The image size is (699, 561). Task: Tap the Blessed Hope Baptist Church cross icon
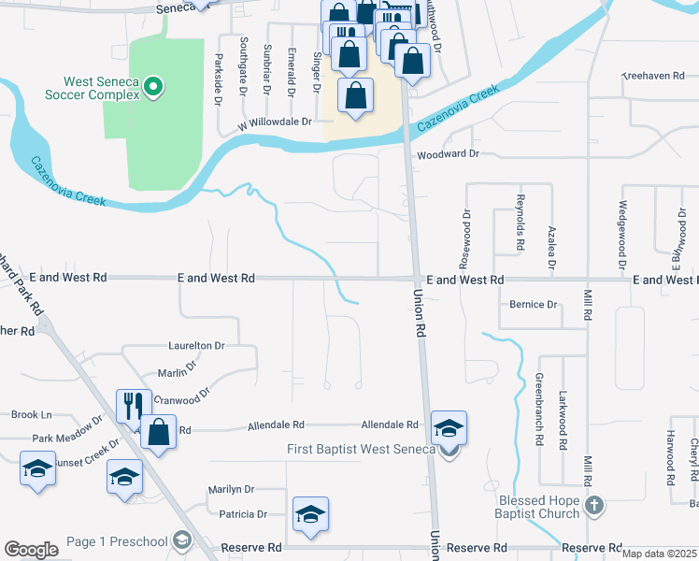tap(593, 508)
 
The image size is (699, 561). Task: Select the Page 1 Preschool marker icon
tap(182, 539)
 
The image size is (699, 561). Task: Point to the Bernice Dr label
tap(534, 305)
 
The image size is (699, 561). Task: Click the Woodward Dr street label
tap(448, 153)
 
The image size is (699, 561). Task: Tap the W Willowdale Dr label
tap(273, 122)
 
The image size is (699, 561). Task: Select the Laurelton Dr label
tap(196, 345)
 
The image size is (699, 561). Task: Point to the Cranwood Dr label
tap(181, 399)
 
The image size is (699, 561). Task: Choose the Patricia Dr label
tap(242, 514)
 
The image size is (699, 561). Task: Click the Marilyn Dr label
tap(231, 489)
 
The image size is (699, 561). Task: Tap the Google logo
tap(31, 550)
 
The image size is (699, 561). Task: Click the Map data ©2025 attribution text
tap(659, 554)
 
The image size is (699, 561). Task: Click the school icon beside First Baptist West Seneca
tap(449, 428)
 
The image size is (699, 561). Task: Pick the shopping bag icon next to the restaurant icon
tap(158, 432)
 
